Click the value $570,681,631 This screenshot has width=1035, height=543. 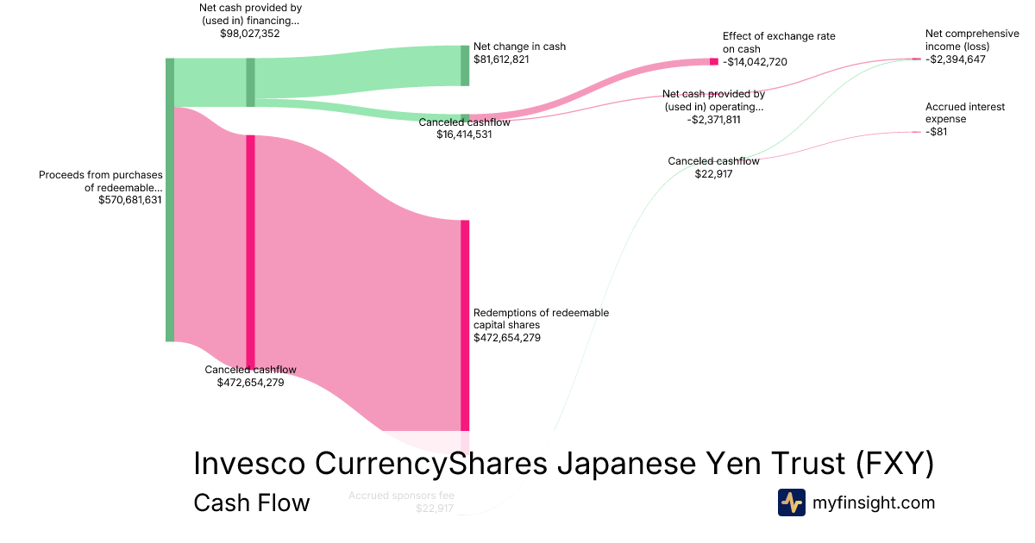pyautogui.click(x=130, y=200)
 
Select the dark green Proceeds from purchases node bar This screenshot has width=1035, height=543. pyautogui.click(x=170, y=200)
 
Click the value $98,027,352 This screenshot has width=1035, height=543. pyautogui.click(x=250, y=34)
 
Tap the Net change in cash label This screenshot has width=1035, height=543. pyautogui.click(x=519, y=47)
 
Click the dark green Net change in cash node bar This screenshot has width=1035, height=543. pyautogui.click(x=465, y=66)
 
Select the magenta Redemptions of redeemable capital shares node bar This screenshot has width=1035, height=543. pyautogui.click(x=465, y=325)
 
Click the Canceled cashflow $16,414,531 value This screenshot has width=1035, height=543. pyautogui.click(x=464, y=134)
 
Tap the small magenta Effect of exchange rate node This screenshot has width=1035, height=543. pyautogui.click(x=713, y=61)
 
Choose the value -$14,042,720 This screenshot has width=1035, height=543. pyautogui.click(x=755, y=62)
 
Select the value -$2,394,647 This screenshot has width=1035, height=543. pyautogui.click(x=955, y=59)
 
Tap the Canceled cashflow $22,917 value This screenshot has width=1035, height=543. pyautogui.click(x=713, y=173)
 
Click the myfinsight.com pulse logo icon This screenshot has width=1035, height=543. pyautogui.click(x=791, y=502)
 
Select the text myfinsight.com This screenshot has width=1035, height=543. pyautogui.click(x=873, y=502)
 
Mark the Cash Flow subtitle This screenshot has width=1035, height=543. pyautogui.click(x=252, y=502)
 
